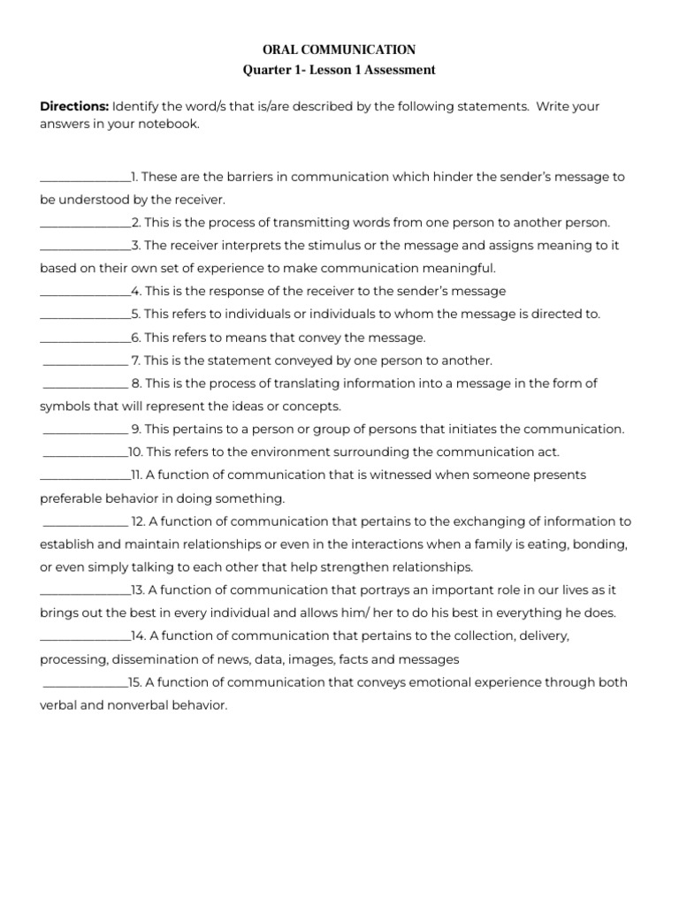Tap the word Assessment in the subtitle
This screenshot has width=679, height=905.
[393, 69]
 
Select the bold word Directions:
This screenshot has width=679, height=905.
[74, 106]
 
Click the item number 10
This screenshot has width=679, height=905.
[135, 452]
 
